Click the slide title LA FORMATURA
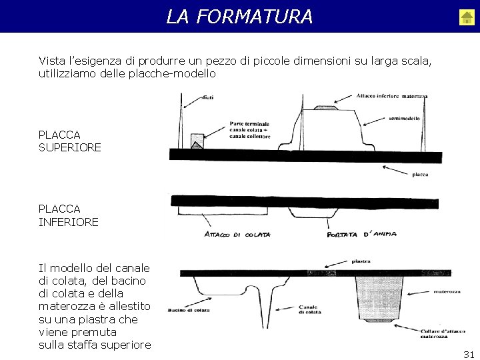(239, 16)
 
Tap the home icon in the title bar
(467, 17)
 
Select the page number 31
(469, 355)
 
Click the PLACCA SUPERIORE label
(70, 141)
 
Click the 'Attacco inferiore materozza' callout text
(391, 96)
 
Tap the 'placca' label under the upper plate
(420, 175)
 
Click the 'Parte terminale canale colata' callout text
(251, 129)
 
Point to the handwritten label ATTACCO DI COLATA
(237, 234)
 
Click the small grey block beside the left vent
(197, 141)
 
